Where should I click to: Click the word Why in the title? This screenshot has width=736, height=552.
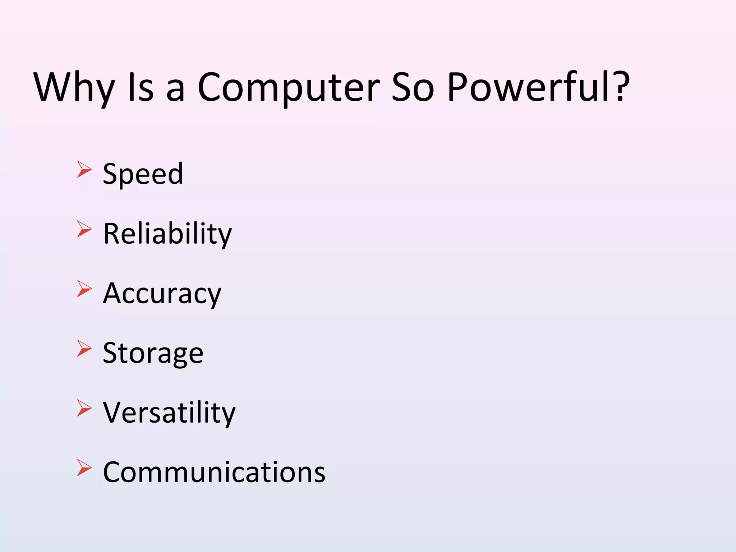74,88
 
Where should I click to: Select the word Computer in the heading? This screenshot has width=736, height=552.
289,88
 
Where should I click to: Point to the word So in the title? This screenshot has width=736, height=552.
413,88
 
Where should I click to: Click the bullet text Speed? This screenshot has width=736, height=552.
143,174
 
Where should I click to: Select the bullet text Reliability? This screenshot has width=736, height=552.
167,234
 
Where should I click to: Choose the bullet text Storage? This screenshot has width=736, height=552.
153,353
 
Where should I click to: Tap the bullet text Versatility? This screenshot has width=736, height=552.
169,413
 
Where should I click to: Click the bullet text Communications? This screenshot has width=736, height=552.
214,472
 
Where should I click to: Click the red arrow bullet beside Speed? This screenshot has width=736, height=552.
84,169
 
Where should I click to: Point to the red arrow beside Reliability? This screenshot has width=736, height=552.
84,229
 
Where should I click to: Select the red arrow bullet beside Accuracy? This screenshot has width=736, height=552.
84,289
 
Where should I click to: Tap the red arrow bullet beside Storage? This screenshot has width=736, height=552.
84,348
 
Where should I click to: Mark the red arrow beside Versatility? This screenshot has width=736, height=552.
84,408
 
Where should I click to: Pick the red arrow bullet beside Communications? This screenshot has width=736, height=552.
84,468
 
